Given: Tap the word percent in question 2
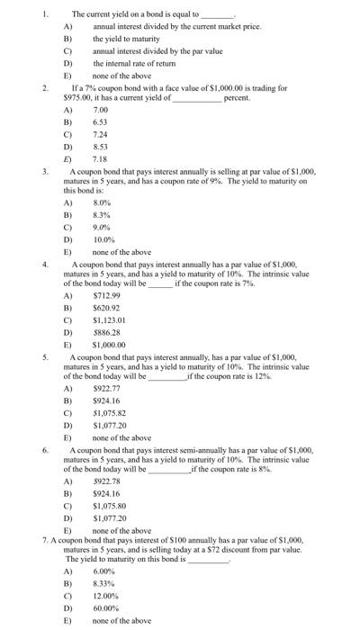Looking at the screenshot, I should coord(237,96).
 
